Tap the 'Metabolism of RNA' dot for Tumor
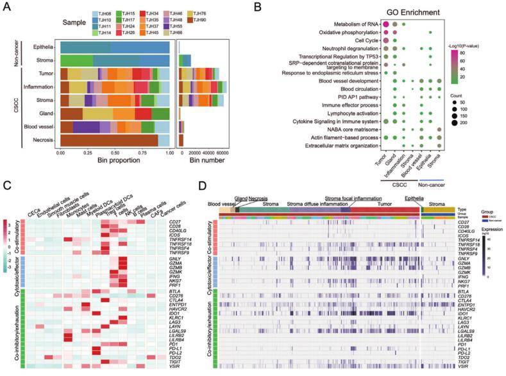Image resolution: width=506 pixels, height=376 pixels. click(x=387, y=24)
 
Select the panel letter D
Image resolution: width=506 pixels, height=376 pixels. click(x=203, y=187)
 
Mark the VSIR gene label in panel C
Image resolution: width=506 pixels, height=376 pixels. click(x=187, y=366)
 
